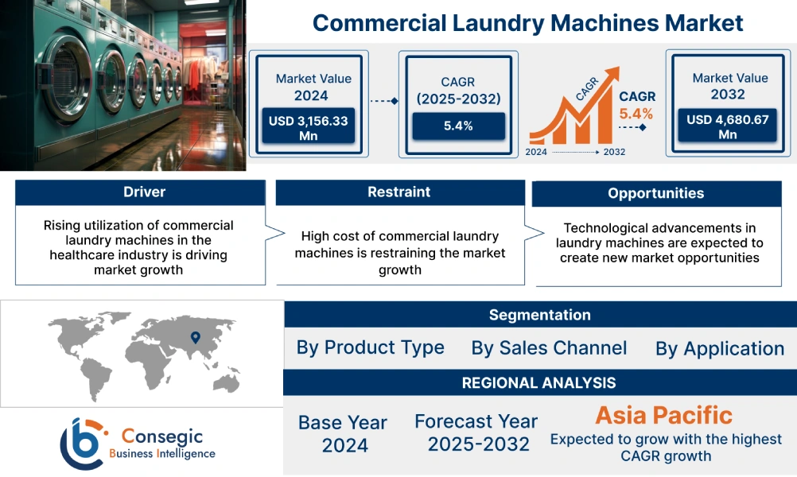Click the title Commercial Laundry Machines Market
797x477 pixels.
pyautogui.click(x=527, y=22)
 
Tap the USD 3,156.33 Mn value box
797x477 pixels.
pyautogui.click(x=307, y=126)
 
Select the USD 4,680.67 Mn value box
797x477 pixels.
pyautogui.click(x=727, y=126)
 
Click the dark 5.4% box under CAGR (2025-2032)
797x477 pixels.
pyautogui.click(x=458, y=126)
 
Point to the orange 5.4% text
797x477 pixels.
pyautogui.click(x=636, y=113)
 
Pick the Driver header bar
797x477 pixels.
pyautogui.click(x=139, y=192)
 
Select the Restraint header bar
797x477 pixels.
pyautogui.click(x=399, y=192)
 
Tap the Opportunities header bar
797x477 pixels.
pyautogui.click(x=655, y=193)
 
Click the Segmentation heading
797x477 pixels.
pyautogui.click(x=539, y=315)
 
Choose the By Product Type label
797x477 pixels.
pyautogui.click(x=370, y=347)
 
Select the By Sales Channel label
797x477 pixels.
pyautogui.click(x=549, y=348)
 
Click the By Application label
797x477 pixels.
pyautogui.click(x=720, y=349)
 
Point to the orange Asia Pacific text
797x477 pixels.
pyautogui.click(x=664, y=415)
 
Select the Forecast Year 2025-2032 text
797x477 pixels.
pyautogui.click(x=476, y=432)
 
